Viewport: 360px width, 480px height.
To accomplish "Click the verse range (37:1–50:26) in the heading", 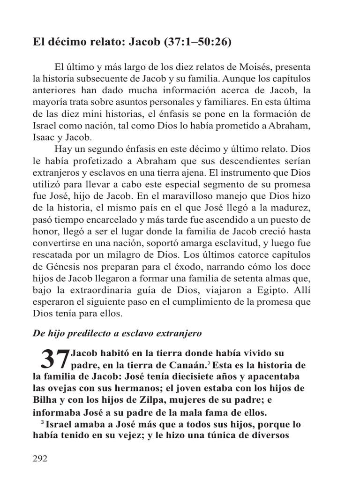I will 197,43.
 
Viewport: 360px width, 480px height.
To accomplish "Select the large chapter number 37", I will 54,359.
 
